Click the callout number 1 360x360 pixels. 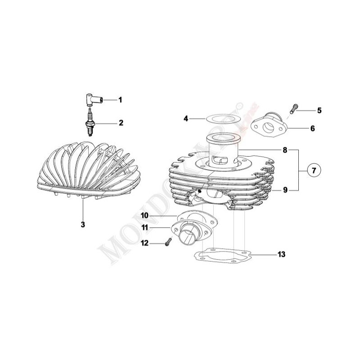pyautogui.click(x=120, y=99)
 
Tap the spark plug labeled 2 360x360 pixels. pyautogui.click(x=90, y=123)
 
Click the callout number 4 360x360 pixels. pyautogui.click(x=186, y=119)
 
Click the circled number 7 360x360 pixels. pyautogui.click(x=314, y=171)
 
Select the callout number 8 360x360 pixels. pyautogui.click(x=285, y=149)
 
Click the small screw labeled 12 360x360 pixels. pyautogui.click(x=168, y=242)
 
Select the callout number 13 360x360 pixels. pyautogui.click(x=281, y=255)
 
